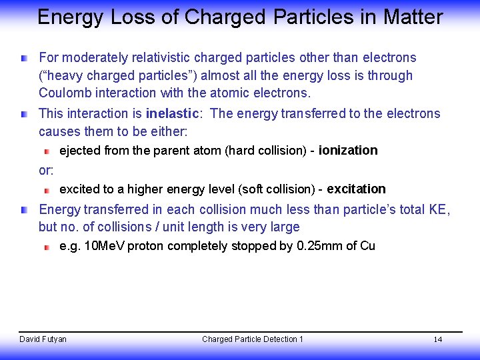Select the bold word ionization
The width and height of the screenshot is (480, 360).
348,150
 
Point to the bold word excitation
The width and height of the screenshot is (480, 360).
356,189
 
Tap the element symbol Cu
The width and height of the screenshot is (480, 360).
367,246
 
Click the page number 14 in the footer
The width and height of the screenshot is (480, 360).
438,339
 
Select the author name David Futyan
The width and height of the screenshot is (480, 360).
43,339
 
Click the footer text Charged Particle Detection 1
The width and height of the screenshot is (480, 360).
252,339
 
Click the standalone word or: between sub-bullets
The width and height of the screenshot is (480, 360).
46,170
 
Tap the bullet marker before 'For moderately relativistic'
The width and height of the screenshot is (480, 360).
24,59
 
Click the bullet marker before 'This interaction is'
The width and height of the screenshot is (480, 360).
24,114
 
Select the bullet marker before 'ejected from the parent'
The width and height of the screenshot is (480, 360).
47,151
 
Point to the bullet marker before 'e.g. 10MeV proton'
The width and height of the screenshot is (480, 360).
47,247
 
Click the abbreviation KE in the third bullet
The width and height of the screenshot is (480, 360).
438,210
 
